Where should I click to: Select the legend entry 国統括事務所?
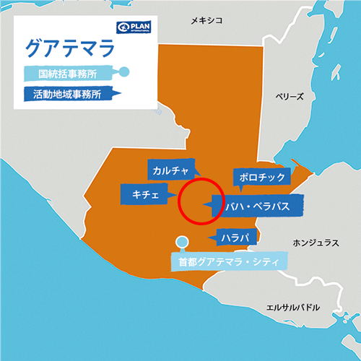(69, 72)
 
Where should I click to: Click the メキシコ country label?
(204, 22)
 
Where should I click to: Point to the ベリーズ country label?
(291, 96)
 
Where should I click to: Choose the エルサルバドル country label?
(292, 307)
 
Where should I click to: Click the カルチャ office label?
(170, 170)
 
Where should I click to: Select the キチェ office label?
(144, 193)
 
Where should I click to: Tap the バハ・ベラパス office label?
(257, 206)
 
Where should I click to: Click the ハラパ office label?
(235, 237)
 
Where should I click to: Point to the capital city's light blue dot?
(181, 242)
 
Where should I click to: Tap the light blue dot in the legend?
(124, 71)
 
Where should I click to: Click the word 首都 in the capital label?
(186, 261)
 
